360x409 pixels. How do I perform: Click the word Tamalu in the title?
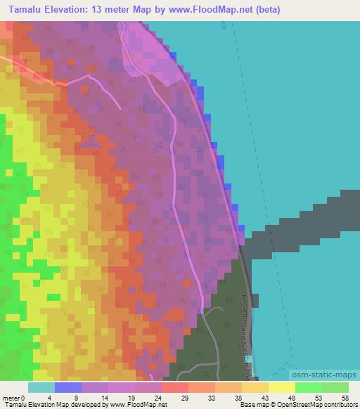(x=23, y=9)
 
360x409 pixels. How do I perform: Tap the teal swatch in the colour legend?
(x=41, y=387)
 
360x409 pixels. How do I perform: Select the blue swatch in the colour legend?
(x=67, y=387)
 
